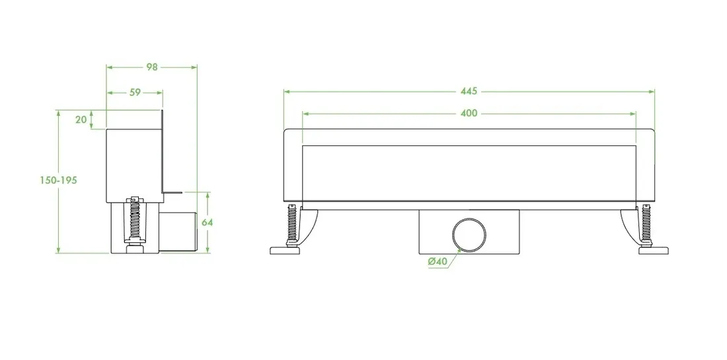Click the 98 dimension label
(x=152, y=67)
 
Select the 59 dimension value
(x=135, y=92)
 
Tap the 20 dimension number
(x=81, y=120)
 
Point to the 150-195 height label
(x=58, y=180)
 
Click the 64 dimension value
(x=208, y=223)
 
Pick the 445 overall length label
(x=469, y=91)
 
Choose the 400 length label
(x=469, y=114)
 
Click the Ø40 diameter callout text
(x=438, y=262)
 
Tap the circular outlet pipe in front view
(x=470, y=234)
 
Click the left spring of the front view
(x=291, y=223)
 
